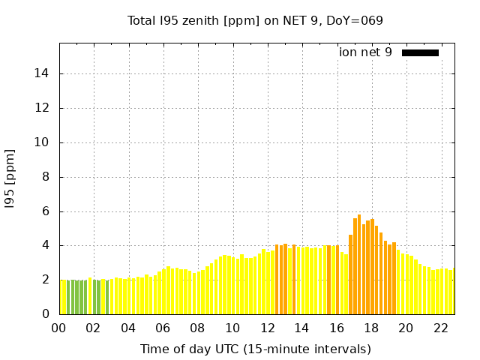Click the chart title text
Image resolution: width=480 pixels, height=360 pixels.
(x=255, y=20)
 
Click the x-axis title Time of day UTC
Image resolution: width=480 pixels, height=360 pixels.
(x=255, y=349)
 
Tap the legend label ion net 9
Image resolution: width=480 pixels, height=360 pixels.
(x=365, y=52)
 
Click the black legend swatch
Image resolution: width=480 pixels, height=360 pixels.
(x=420, y=52)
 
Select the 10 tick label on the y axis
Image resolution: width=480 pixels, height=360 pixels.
(x=43, y=142)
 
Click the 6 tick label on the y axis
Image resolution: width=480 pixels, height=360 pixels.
(x=46, y=211)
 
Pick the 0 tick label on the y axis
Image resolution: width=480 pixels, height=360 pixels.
(x=46, y=314)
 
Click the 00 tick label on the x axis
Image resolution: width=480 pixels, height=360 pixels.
(x=59, y=328)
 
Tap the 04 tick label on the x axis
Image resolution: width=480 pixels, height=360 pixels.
(x=128, y=328)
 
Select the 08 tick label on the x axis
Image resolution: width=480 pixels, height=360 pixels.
(x=197, y=328)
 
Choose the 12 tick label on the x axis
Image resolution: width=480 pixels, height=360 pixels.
(x=267, y=328)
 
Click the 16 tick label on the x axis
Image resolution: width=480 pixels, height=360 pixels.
(x=336, y=328)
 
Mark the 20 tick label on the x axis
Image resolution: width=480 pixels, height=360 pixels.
(x=406, y=328)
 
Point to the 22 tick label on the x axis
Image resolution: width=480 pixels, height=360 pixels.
(x=440, y=328)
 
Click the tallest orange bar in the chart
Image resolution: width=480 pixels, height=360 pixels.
(x=359, y=262)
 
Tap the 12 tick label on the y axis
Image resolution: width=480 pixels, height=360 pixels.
(x=43, y=108)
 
